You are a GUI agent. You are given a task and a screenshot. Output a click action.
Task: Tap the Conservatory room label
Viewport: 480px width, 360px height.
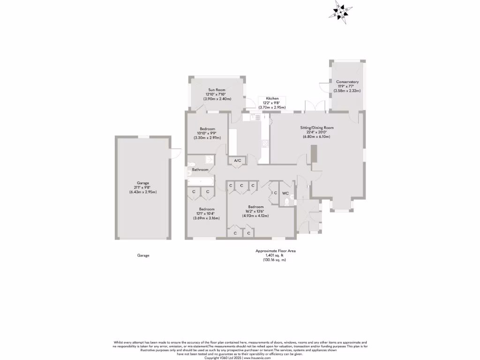[x=347, y=82]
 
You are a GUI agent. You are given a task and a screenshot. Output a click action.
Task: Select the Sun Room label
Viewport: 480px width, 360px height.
[x=217, y=90]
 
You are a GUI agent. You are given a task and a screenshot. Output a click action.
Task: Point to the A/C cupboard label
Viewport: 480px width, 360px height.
[x=237, y=161]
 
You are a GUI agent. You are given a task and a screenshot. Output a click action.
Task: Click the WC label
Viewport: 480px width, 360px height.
[x=285, y=192]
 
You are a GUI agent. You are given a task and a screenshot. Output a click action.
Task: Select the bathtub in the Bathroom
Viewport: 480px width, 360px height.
[x=201, y=180]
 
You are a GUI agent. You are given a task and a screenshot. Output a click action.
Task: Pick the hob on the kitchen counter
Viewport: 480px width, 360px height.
[x=265, y=143]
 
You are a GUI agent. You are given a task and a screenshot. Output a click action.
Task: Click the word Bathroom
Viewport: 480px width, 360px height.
[x=200, y=169]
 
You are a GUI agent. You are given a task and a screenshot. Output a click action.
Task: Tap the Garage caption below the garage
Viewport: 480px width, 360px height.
[x=143, y=255]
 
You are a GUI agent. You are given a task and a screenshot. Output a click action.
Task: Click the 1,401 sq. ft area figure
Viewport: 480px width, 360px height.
[x=275, y=255]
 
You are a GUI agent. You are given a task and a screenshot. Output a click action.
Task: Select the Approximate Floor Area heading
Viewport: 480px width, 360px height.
[x=275, y=251]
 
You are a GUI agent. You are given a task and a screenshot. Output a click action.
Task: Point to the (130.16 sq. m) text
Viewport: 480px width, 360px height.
[x=275, y=260]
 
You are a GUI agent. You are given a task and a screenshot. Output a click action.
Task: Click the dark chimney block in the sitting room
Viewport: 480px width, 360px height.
[x=314, y=155]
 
